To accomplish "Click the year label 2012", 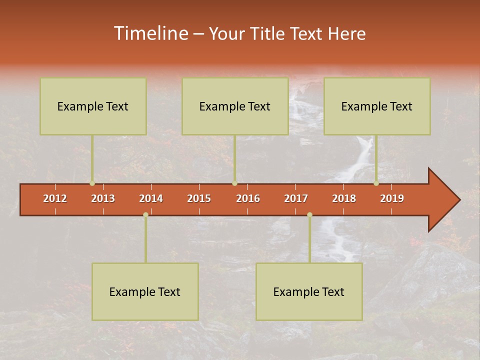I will click(x=55, y=198).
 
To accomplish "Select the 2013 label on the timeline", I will click(x=103, y=198).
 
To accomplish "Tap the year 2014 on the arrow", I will click(x=151, y=198).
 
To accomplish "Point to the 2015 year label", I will click(x=199, y=198).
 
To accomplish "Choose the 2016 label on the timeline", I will click(x=248, y=198).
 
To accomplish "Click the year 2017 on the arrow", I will click(x=296, y=198).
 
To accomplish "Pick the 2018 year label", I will click(x=344, y=198).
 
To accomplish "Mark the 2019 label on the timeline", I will click(x=392, y=198).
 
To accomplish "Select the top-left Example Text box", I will click(x=93, y=106).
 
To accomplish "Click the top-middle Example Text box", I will click(x=235, y=106).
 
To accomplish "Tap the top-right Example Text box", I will click(x=377, y=106).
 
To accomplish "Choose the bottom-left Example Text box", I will click(x=145, y=292).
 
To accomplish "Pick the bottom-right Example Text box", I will click(x=309, y=292).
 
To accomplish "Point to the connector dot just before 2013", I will click(x=92, y=183).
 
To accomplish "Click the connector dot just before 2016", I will click(x=234, y=183).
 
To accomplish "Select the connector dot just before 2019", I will click(x=376, y=183).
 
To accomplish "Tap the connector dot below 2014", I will click(x=145, y=214).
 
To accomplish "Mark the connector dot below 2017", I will click(x=309, y=214).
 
